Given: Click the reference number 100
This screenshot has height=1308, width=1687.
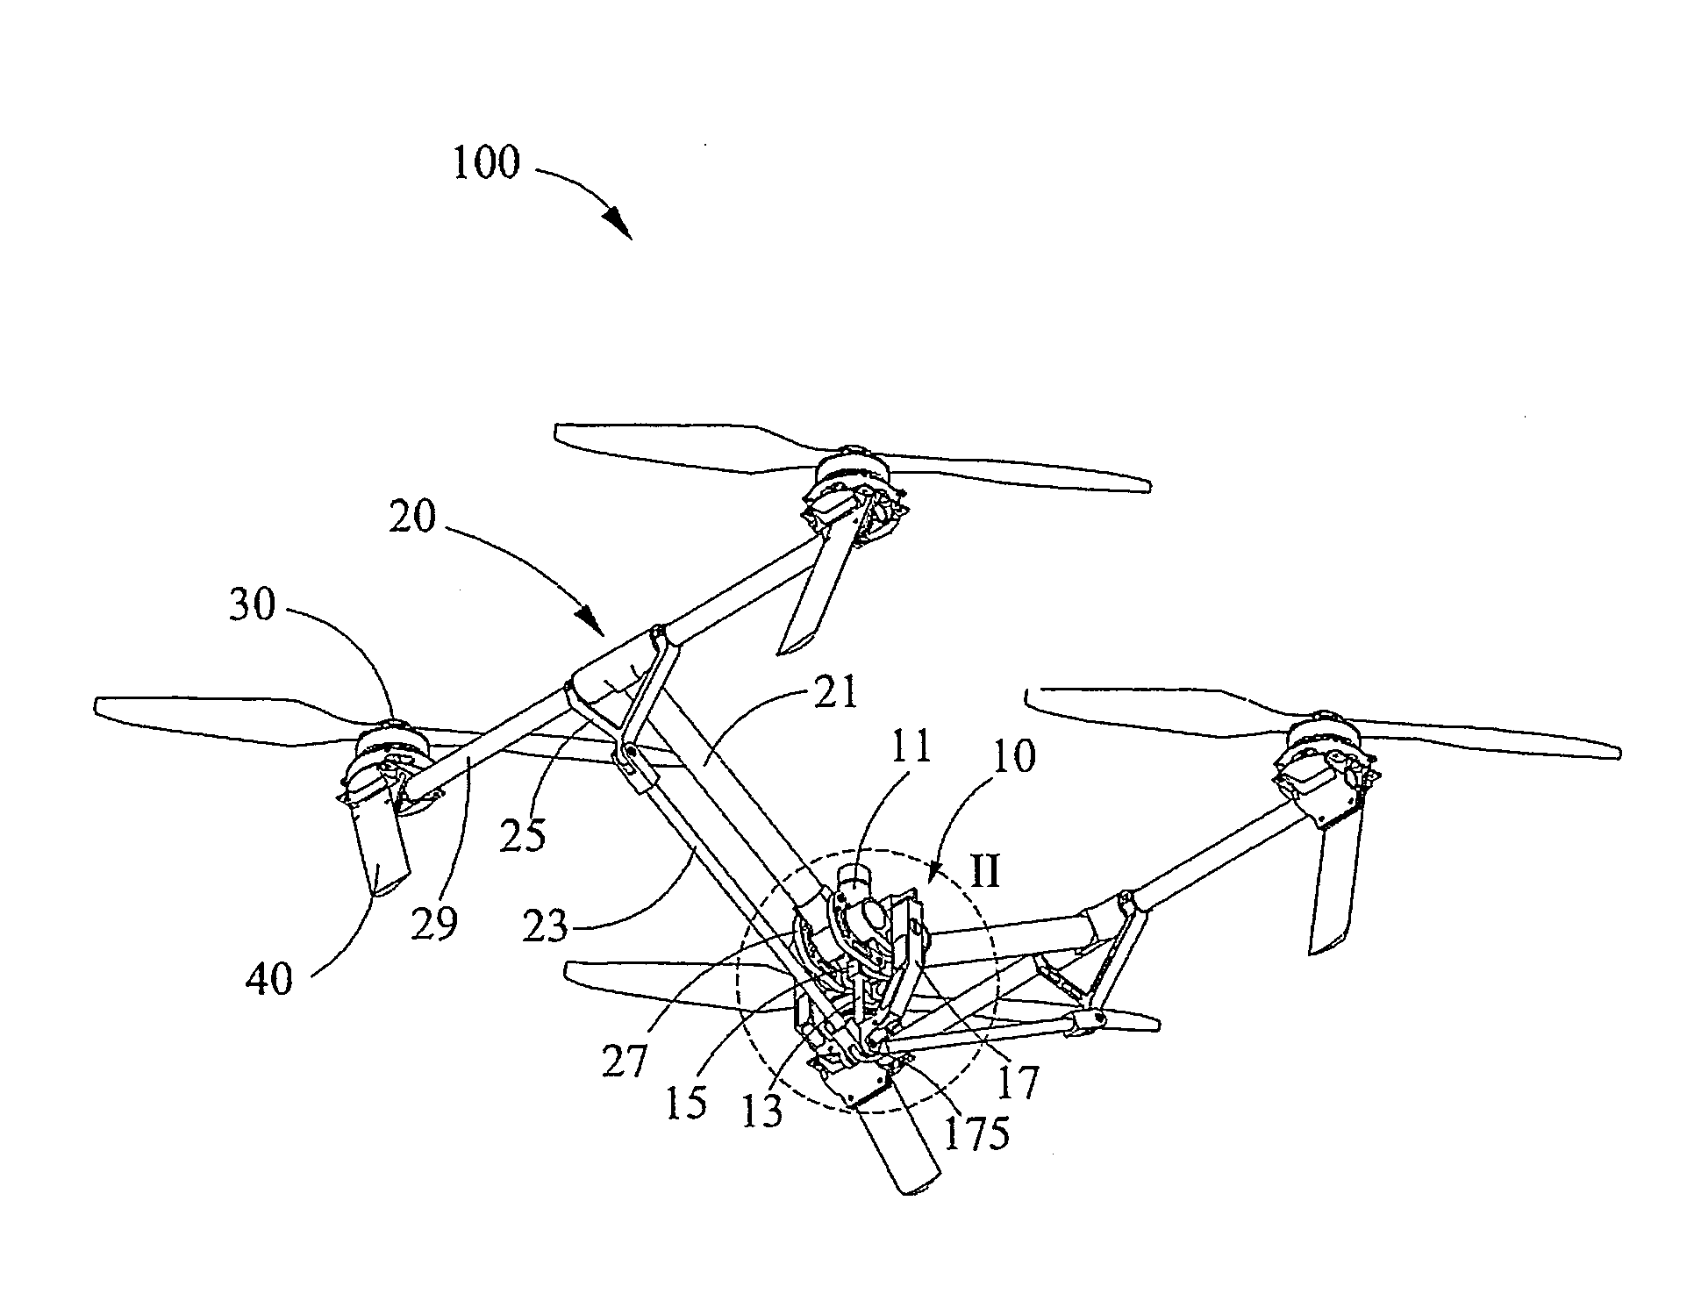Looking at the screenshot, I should [x=486, y=164].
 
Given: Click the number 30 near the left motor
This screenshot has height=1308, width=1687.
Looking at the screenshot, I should [x=253, y=605].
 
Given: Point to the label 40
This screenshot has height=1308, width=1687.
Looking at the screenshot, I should [x=269, y=977].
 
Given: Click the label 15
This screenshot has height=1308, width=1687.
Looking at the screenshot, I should [x=685, y=1103].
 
